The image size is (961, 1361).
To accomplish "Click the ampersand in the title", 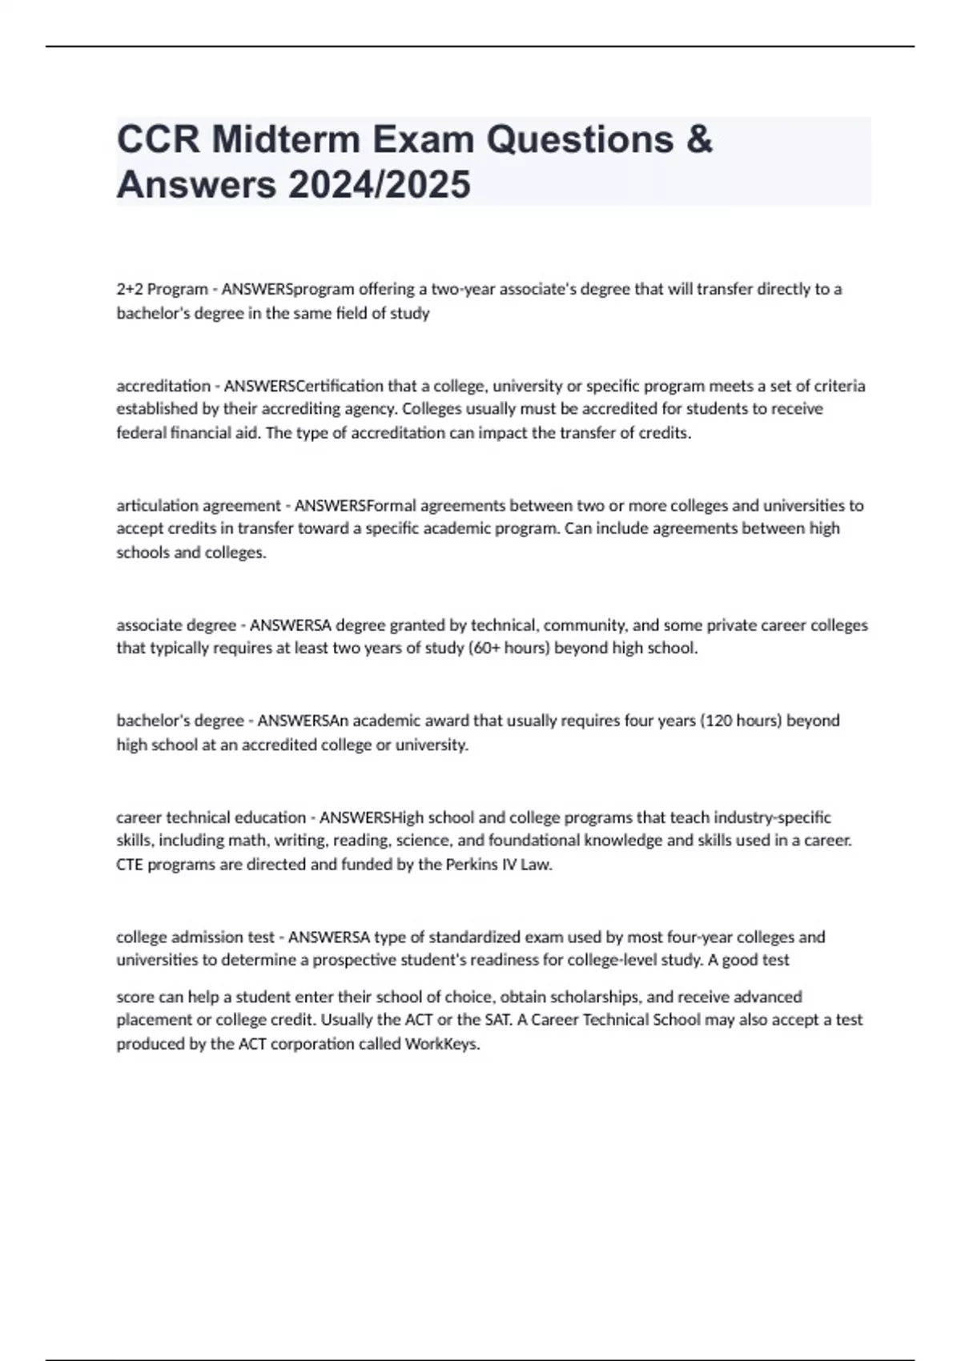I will (x=699, y=139).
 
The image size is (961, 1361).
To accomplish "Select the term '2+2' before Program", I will (x=130, y=289).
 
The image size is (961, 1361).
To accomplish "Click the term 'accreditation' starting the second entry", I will (x=163, y=386).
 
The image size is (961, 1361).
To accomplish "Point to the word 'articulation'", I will (x=158, y=506).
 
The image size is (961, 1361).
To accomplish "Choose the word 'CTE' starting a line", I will (x=129, y=865).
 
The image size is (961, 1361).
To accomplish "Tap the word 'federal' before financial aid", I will (x=141, y=433).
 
